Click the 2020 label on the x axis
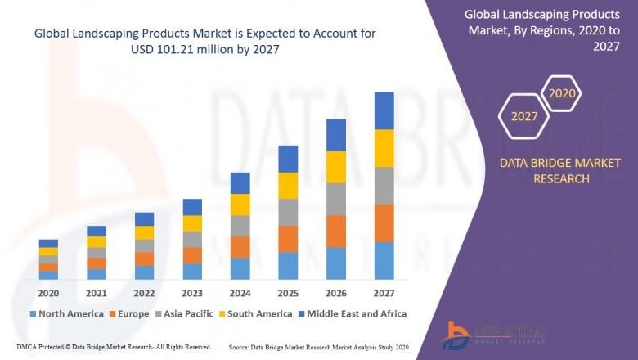point(48,294)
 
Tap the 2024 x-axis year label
point(240,294)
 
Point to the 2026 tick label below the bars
point(335,294)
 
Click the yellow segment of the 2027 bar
point(384,148)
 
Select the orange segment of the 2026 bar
point(335,232)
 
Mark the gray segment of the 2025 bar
point(288,212)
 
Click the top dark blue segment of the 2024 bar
point(240,182)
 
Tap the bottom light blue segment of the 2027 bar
point(384,260)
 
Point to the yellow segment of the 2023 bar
point(192,223)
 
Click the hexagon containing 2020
point(562,93)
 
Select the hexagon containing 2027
point(524,116)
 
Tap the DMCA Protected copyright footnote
point(114,347)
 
